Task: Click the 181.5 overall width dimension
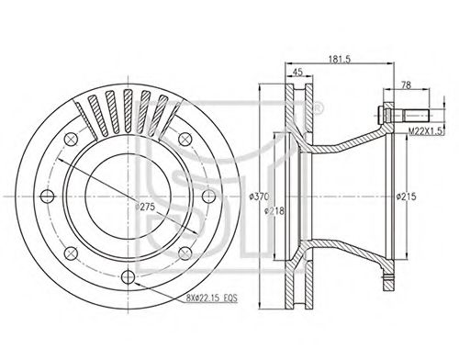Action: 340,59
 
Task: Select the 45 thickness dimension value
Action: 297,72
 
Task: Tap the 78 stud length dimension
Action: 406,85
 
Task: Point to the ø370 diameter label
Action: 259,197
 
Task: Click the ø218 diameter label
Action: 274,210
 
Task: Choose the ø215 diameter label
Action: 406,197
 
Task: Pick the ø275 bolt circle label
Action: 145,207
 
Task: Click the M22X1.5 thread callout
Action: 426,131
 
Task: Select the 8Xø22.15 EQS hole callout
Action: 212,298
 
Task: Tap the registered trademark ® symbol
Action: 318,108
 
